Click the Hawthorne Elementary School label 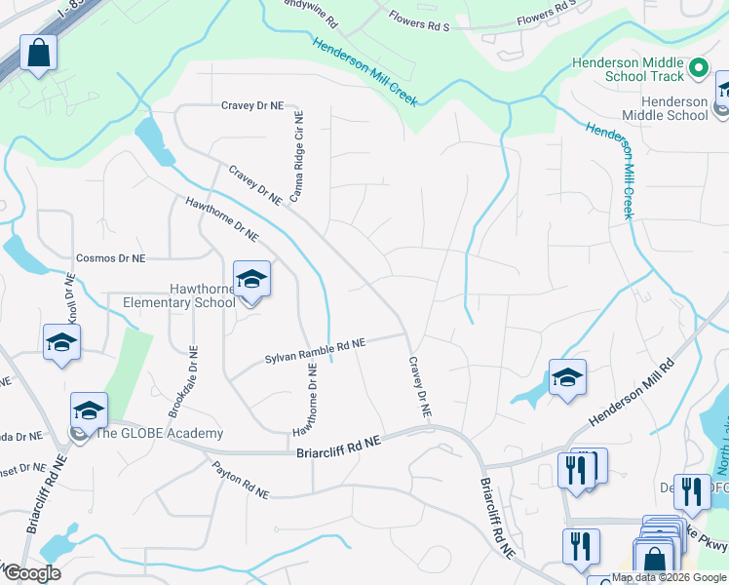tap(178, 295)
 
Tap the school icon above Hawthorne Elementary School tap(251, 281)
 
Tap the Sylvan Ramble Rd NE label tap(315, 352)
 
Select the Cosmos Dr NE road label tap(110, 258)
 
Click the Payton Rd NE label tap(240, 480)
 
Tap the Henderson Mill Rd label tap(632, 393)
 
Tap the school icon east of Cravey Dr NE tap(567, 376)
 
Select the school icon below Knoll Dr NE tap(61, 342)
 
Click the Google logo tap(31, 573)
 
